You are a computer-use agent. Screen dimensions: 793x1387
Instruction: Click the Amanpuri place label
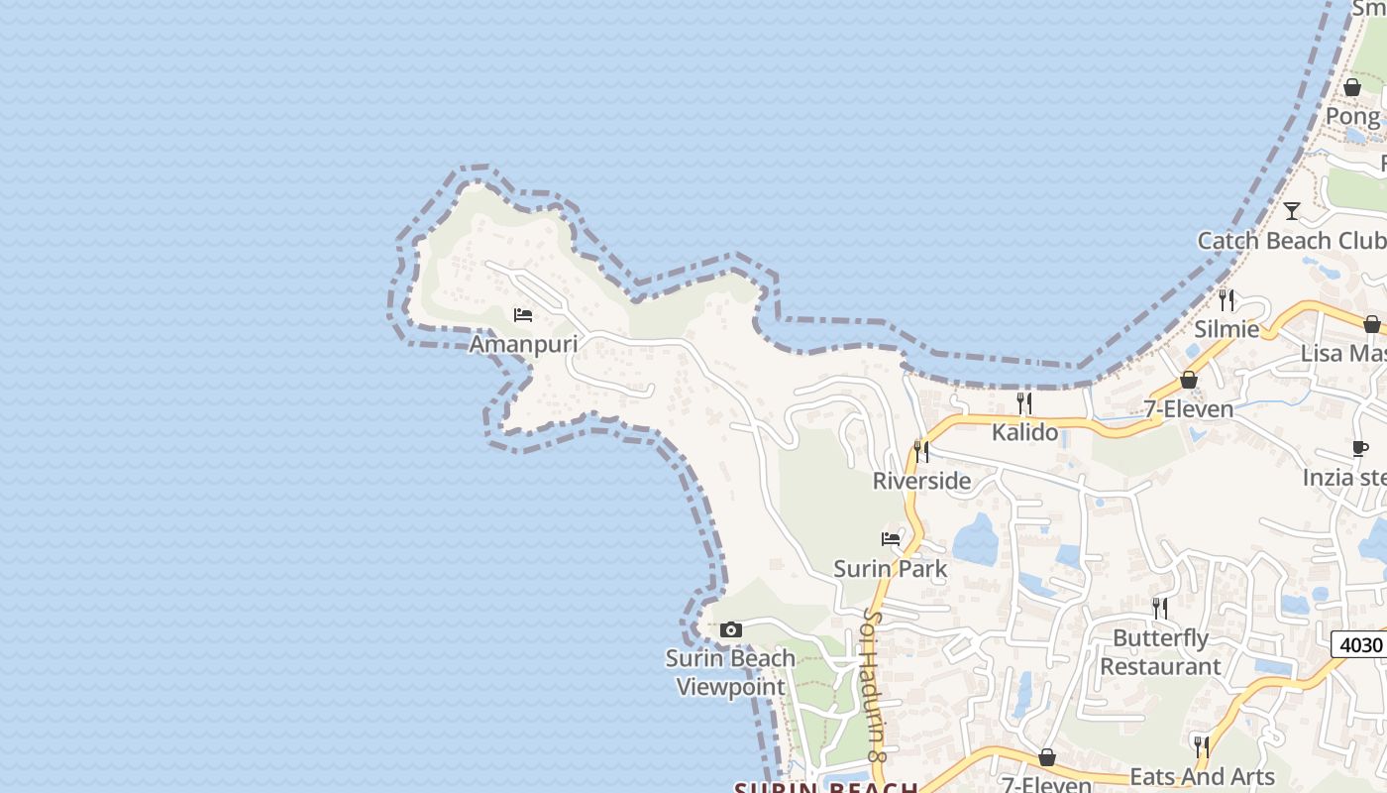(x=522, y=344)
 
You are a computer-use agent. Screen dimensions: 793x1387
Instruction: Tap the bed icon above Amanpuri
(x=523, y=315)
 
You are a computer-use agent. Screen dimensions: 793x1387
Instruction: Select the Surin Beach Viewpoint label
(x=730, y=672)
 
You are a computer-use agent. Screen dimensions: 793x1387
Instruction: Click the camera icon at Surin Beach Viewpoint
(x=731, y=629)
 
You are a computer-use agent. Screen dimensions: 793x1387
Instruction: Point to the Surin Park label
(x=890, y=569)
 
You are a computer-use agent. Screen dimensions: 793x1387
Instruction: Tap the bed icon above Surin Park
(x=891, y=539)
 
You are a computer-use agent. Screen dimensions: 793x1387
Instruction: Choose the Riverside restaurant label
(x=921, y=481)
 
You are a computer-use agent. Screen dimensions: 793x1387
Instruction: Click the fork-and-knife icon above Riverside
(x=921, y=452)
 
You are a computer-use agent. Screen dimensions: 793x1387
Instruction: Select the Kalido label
(x=1024, y=432)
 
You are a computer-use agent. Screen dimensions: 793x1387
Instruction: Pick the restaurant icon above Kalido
(x=1024, y=402)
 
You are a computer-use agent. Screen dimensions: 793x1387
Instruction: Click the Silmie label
(x=1227, y=329)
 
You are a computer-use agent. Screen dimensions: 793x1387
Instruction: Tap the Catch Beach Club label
(x=1291, y=241)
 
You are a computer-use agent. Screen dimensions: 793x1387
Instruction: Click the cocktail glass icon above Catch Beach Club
(x=1292, y=211)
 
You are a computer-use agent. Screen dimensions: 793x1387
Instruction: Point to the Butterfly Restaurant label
(x=1160, y=651)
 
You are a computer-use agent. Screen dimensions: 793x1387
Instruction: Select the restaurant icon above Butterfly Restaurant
(x=1159, y=608)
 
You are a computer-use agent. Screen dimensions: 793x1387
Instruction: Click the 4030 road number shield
(x=1360, y=644)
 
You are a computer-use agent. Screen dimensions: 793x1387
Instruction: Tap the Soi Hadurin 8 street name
(x=873, y=684)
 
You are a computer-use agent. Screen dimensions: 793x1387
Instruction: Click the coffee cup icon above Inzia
(x=1360, y=448)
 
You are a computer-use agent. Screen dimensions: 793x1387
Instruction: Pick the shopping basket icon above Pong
(x=1352, y=87)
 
